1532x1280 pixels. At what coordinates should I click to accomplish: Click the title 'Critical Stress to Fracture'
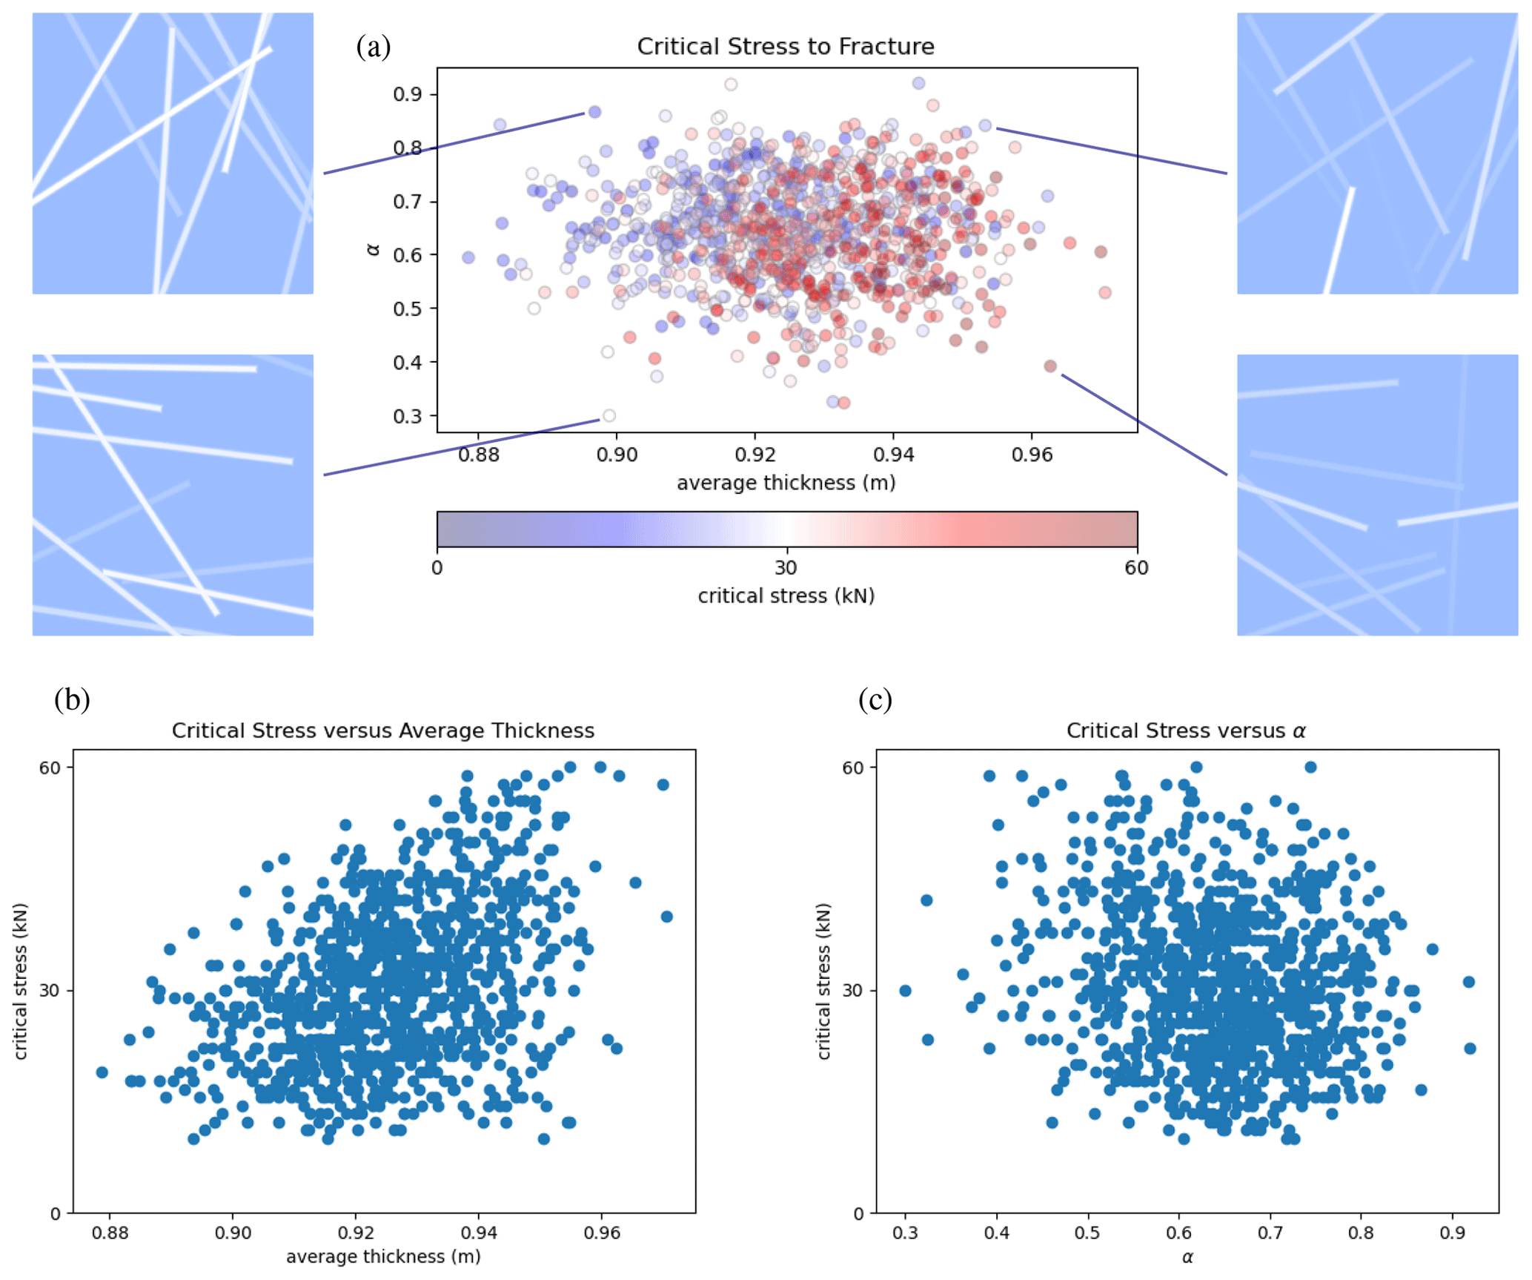tap(785, 47)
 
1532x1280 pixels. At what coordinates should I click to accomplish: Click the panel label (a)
tap(373, 47)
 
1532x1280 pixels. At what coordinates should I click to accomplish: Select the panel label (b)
tap(72, 699)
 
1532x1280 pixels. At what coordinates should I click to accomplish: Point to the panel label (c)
tap(875, 699)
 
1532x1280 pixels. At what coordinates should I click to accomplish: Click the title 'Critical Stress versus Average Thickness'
tap(382, 730)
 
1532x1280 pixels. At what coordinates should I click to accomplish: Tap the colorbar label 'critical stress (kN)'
tap(786, 596)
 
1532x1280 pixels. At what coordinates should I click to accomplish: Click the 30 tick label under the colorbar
tap(786, 568)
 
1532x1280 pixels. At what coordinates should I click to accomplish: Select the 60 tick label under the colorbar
tap(1135, 568)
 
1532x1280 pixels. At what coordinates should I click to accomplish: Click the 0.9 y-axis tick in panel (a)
tap(407, 94)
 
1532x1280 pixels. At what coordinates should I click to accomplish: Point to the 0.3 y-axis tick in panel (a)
tap(407, 416)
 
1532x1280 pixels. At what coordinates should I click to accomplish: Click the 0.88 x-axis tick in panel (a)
tap(478, 455)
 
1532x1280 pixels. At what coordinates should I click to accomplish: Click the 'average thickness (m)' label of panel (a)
tap(786, 483)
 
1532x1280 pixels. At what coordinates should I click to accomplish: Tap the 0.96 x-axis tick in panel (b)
tap(601, 1233)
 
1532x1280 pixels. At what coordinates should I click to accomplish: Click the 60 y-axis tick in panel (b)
tap(50, 768)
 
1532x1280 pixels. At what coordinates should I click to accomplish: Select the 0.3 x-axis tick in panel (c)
tap(905, 1233)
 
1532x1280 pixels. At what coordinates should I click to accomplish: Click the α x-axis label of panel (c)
tap(1187, 1257)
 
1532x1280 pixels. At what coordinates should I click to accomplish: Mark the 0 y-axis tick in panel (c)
tap(858, 1214)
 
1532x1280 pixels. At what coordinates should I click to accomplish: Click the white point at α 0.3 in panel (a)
tap(609, 416)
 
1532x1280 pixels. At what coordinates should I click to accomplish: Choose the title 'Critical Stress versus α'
tap(1186, 730)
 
